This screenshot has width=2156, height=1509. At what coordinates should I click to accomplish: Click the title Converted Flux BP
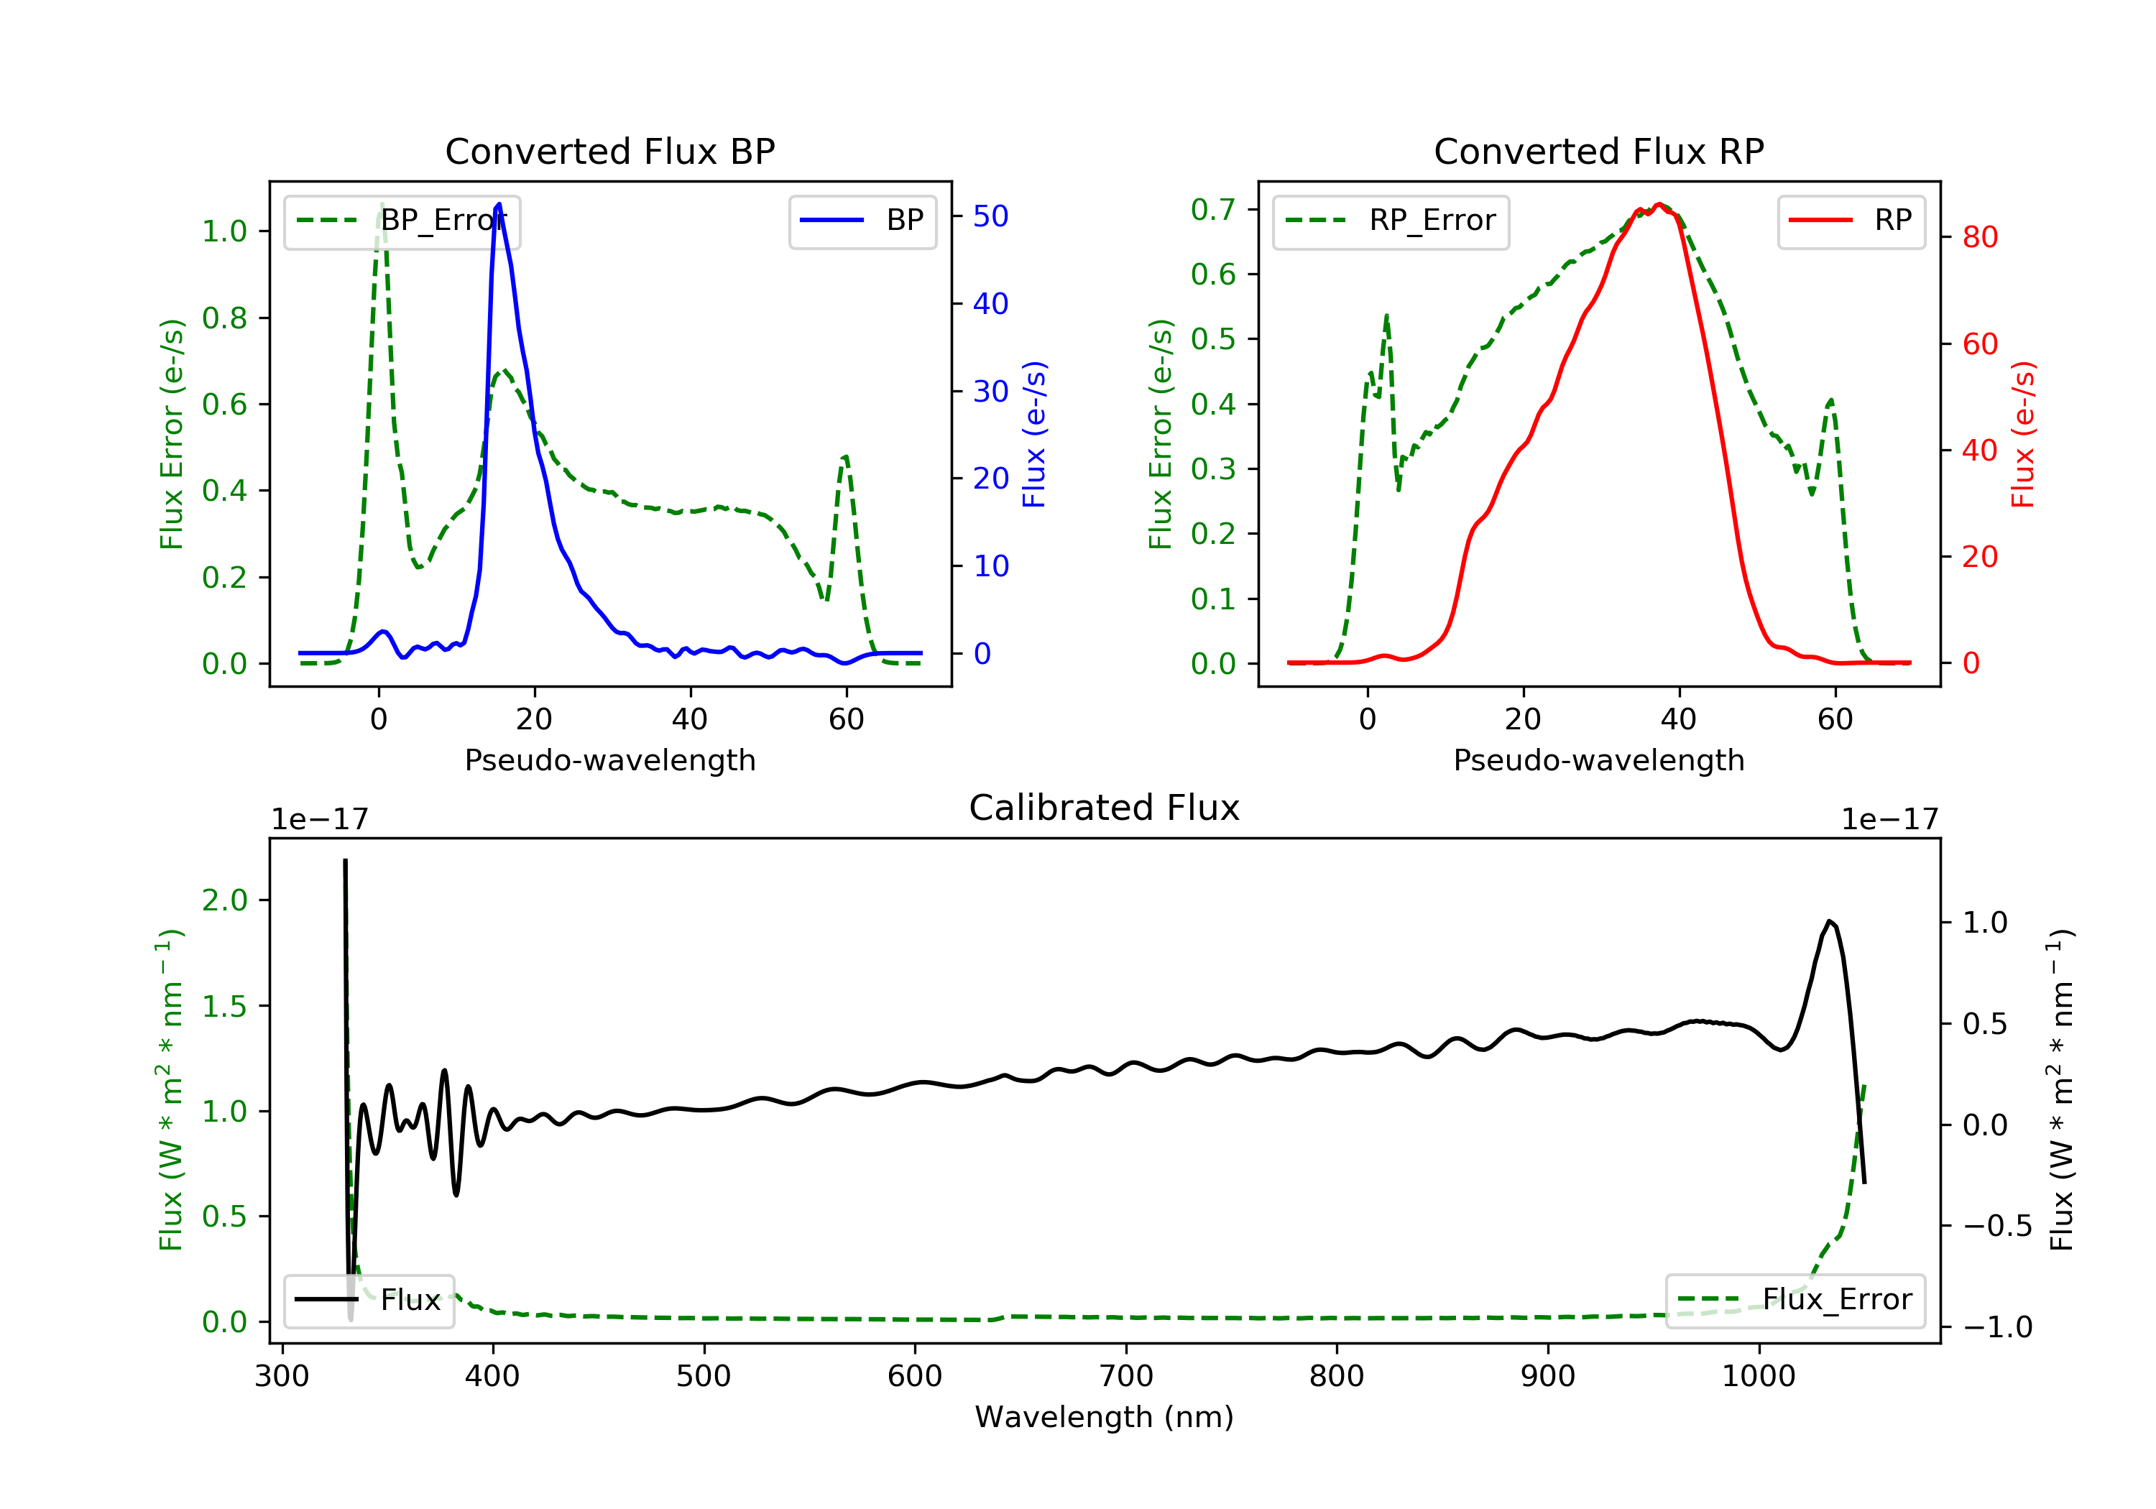click(x=609, y=151)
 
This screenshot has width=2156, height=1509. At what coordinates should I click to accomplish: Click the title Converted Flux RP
click(x=1598, y=151)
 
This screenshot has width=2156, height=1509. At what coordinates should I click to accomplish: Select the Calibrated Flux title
click(x=1105, y=808)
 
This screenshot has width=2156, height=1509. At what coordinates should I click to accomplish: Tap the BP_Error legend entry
click(x=401, y=221)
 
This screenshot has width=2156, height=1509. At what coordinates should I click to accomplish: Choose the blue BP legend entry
click(x=862, y=221)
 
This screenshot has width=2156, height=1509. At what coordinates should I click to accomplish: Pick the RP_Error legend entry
click(x=1391, y=221)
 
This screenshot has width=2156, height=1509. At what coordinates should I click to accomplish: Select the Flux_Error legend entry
click(x=1795, y=1300)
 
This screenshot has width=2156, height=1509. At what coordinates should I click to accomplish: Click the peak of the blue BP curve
click(x=499, y=204)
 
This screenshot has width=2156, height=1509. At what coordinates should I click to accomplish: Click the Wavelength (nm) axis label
click(x=1105, y=1417)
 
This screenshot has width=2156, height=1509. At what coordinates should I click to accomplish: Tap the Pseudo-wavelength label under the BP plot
click(x=610, y=760)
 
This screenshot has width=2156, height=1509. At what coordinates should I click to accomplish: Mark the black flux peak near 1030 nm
click(x=1829, y=921)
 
